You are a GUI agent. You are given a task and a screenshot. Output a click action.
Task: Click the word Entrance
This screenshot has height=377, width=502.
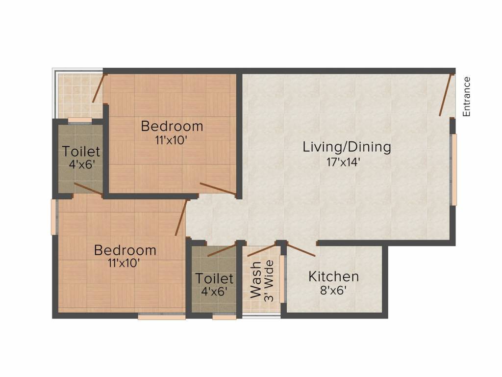click(467, 97)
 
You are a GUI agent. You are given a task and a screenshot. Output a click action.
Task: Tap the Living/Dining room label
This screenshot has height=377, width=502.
click(347, 147)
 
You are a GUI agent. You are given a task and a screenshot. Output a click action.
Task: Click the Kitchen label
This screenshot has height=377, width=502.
click(333, 276)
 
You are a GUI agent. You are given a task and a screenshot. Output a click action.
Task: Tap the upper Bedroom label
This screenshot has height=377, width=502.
click(172, 126)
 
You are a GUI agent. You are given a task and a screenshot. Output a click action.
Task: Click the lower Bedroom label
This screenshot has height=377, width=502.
click(125, 250)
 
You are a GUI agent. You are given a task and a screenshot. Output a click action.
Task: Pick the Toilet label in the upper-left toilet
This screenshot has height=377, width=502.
click(81, 152)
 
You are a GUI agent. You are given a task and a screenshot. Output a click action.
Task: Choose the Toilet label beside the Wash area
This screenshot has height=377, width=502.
click(214, 279)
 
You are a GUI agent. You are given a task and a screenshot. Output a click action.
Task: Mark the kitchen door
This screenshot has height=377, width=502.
click(301, 250)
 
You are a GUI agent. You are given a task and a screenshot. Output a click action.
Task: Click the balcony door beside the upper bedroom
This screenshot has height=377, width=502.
click(99, 88)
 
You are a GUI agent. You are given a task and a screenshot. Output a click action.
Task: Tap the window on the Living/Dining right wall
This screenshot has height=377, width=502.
click(454, 169)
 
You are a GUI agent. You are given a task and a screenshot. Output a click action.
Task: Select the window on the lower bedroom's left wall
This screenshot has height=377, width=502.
click(54, 216)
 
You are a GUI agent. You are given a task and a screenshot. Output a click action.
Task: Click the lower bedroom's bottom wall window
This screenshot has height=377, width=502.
click(161, 317)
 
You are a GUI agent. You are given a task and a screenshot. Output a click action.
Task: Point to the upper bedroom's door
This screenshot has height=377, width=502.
click(218, 189)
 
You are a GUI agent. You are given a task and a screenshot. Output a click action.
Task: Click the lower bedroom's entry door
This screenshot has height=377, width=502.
click(181, 218)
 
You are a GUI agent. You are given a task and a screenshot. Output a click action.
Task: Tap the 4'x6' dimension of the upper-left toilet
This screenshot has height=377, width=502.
click(81, 164)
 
